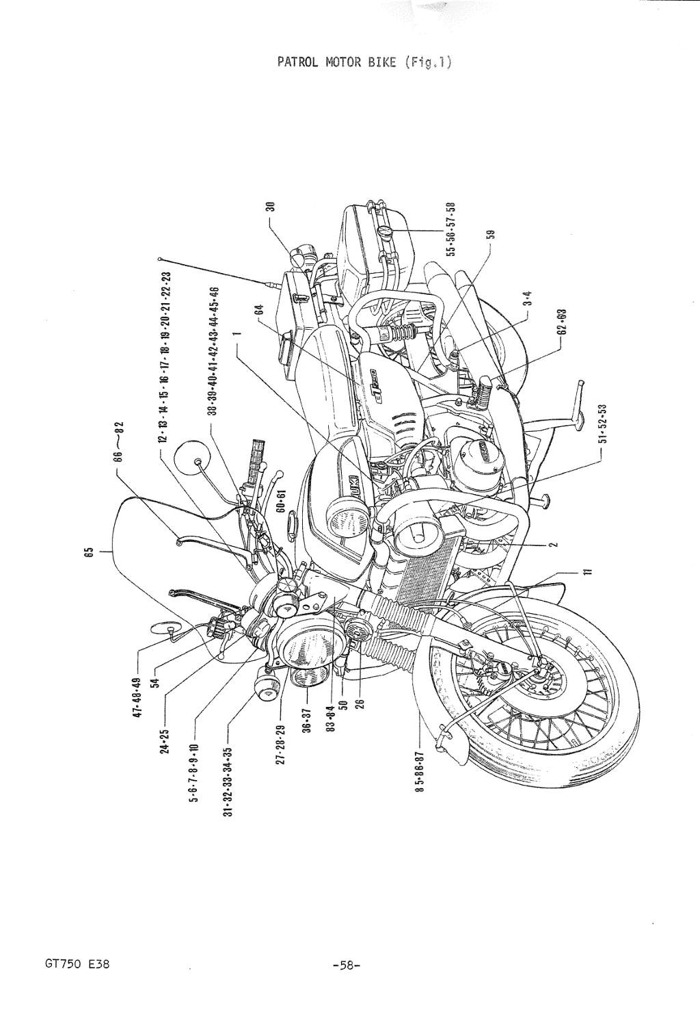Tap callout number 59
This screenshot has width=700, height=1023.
pyautogui.click(x=490, y=233)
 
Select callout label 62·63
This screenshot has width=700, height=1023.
pyautogui.click(x=562, y=322)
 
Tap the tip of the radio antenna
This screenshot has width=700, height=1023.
pyautogui.click(x=159, y=259)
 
